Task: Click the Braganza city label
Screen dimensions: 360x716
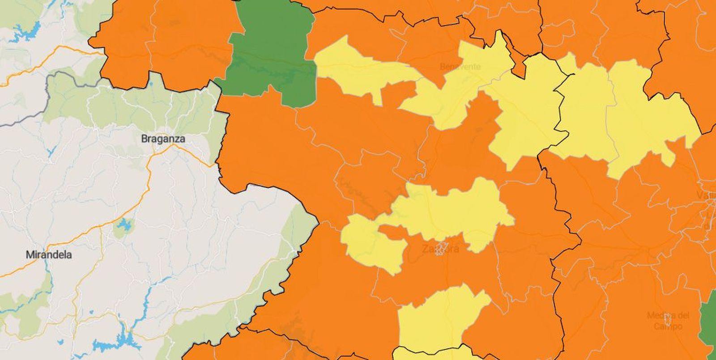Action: point(163,139)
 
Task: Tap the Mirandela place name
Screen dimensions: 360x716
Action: point(49,255)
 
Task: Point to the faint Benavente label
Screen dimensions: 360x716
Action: point(460,67)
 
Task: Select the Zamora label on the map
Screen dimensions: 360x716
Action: point(440,249)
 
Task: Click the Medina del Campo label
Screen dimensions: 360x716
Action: point(667,321)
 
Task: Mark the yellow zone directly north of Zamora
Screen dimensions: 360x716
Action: point(452,210)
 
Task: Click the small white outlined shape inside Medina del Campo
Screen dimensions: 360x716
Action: point(667,318)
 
